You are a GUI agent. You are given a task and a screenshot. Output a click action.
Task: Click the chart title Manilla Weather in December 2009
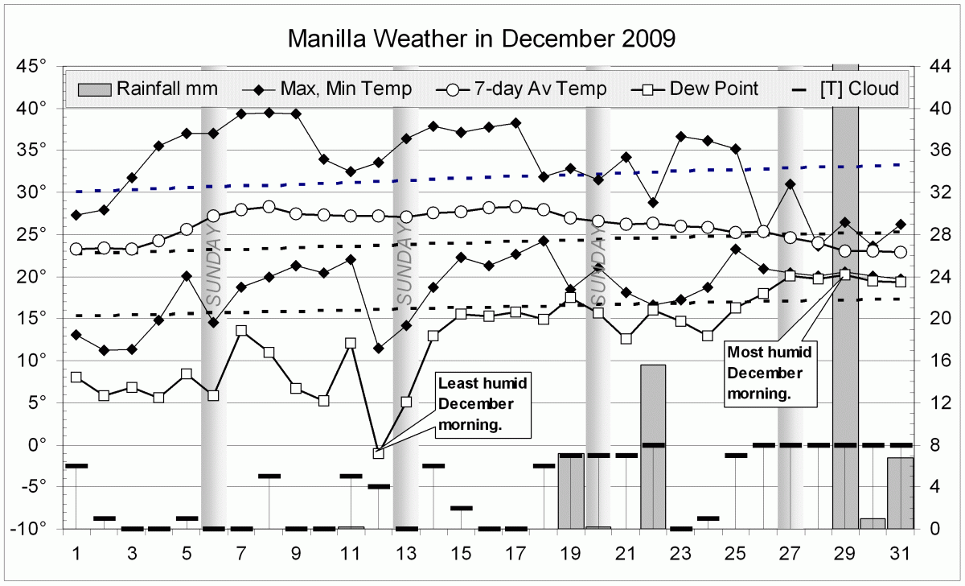[x=482, y=39]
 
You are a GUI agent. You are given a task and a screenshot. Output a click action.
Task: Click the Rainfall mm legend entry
[x=148, y=89]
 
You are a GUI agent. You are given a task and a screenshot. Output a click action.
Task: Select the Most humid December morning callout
[x=769, y=373]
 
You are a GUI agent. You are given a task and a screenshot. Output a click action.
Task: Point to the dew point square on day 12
[x=378, y=453]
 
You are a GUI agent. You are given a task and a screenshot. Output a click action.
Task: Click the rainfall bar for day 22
[x=653, y=447]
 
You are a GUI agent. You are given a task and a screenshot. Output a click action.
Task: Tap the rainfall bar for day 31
[x=901, y=493]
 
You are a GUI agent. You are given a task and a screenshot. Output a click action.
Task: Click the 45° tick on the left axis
[x=31, y=66]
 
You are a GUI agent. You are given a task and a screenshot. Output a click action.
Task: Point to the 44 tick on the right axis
[x=941, y=66]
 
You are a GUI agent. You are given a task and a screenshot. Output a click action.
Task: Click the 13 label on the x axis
[x=406, y=554]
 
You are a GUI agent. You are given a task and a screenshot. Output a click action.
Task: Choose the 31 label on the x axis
[x=901, y=554]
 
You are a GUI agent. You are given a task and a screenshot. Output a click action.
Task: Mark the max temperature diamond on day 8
[x=269, y=113]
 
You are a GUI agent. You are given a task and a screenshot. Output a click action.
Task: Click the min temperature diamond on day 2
[x=104, y=350]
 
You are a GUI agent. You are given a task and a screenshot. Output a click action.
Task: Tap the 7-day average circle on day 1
[x=76, y=249]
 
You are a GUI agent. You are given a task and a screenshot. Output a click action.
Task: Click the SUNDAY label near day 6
[x=214, y=266]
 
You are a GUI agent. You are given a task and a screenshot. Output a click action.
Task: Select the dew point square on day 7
[x=241, y=331]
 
